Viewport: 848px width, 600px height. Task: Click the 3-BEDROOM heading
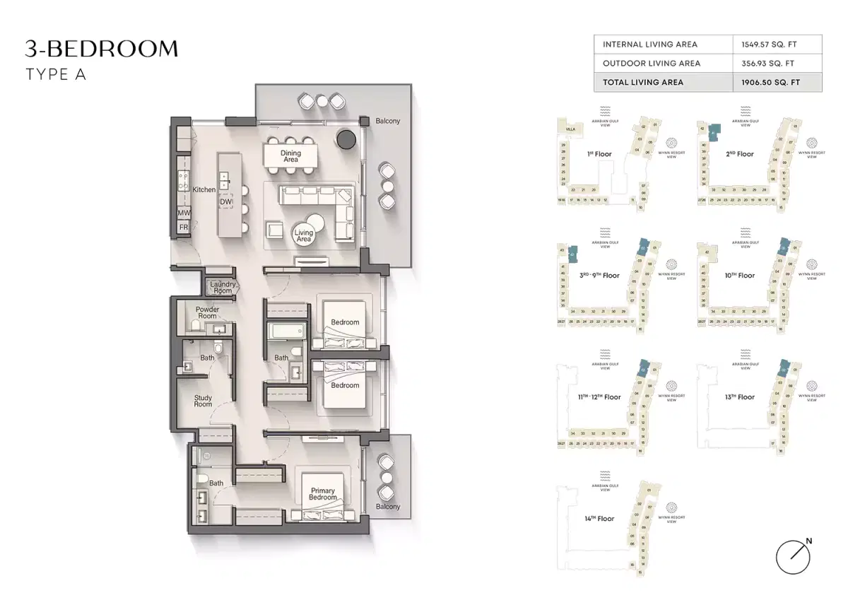click(102, 49)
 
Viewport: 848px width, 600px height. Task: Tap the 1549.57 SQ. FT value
click(770, 44)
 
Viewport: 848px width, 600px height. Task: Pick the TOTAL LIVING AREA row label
click(643, 82)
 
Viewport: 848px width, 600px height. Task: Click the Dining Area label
click(290, 156)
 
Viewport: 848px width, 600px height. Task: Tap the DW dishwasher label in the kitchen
click(225, 202)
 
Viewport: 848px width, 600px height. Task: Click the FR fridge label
click(183, 227)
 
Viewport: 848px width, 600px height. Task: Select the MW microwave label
click(183, 213)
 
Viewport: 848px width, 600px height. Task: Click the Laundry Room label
click(222, 288)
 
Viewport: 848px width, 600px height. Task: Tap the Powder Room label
click(207, 312)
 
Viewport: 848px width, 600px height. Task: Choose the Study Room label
click(203, 401)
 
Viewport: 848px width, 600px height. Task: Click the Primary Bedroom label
click(323, 494)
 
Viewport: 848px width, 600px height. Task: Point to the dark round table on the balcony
click(347, 139)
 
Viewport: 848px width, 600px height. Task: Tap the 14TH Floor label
click(599, 519)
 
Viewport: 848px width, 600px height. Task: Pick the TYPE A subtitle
click(56, 74)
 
